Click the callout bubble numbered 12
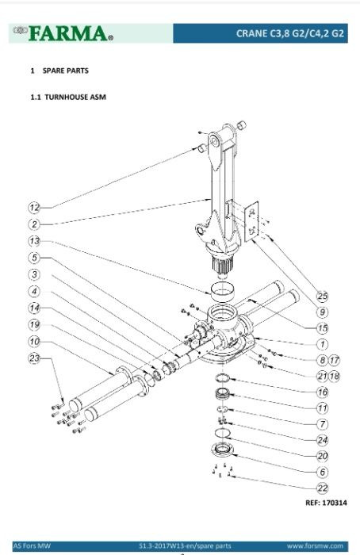pyautogui.click(x=34, y=208)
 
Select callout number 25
pyautogui.click(x=322, y=296)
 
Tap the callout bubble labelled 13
pyautogui.click(x=34, y=241)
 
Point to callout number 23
pyautogui.click(x=34, y=358)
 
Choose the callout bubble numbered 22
pyautogui.click(x=322, y=488)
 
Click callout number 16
pyautogui.click(x=322, y=392)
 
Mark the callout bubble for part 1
pyautogui.click(x=322, y=344)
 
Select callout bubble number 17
pyautogui.click(x=334, y=360)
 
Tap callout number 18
pyautogui.click(x=334, y=376)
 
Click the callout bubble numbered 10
pyautogui.click(x=34, y=342)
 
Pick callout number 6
pyautogui.click(x=322, y=472)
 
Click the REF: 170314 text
pyautogui.click(x=326, y=503)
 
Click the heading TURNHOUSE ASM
pyautogui.click(x=75, y=97)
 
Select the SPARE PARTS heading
pyautogui.click(x=66, y=71)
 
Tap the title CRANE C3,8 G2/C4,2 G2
pyautogui.click(x=290, y=33)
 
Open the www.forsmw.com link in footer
pyautogui.click(x=315, y=545)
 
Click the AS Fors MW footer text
pyautogui.click(x=32, y=545)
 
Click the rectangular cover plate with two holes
pyautogui.click(x=251, y=221)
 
